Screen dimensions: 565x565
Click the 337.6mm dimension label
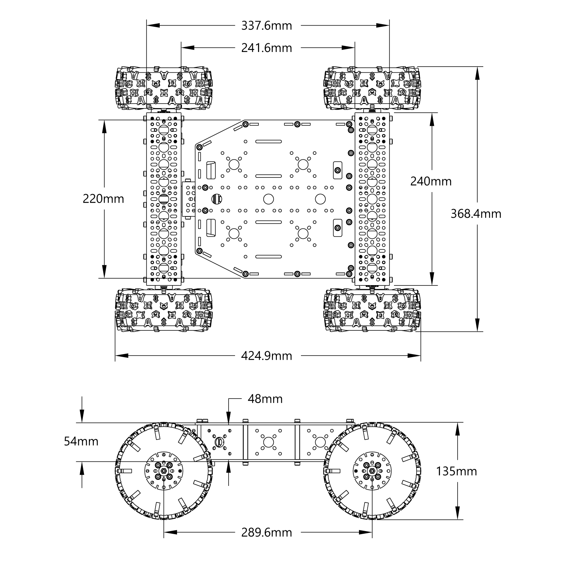(x=266, y=26)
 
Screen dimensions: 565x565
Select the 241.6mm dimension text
(x=266, y=48)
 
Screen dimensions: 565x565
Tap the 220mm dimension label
(x=103, y=199)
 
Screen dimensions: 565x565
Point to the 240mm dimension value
(x=431, y=181)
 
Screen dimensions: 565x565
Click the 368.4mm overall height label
(x=476, y=214)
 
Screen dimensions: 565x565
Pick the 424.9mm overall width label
(x=266, y=356)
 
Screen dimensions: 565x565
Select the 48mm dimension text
(x=265, y=399)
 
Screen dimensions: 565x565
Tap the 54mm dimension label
(x=81, y=441)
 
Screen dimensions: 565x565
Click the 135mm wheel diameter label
(x=457, y=471)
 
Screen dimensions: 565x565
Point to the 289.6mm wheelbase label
(x=266, y=532)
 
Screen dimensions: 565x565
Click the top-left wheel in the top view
(x=163, y=88)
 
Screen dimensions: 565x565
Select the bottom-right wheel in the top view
(x=372, y=310)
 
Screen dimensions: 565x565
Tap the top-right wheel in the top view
(x=372, y=88)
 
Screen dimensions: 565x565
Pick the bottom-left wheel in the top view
(x=163, y=310)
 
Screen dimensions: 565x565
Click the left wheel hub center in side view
(x=164, y=471)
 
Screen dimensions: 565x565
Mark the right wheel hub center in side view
(x=372, y=471)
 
